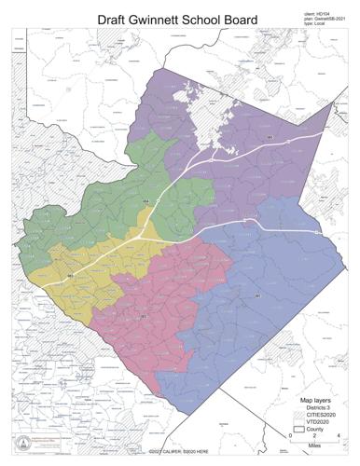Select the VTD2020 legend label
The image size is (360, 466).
click(x=323, y=423)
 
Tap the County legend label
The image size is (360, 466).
click(x=319, y=431)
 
